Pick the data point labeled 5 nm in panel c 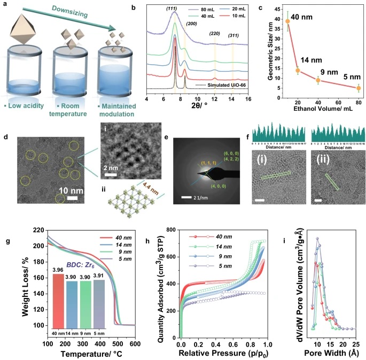[359, 88]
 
